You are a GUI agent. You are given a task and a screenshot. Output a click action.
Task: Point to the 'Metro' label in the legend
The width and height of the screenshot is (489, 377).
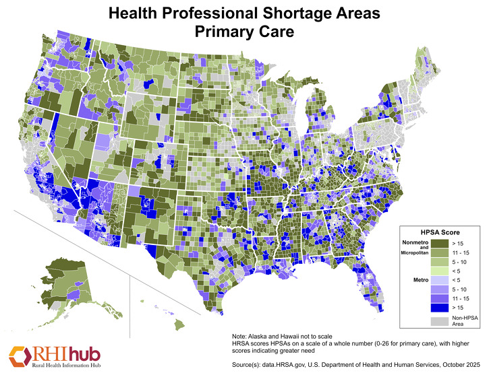point(413,278)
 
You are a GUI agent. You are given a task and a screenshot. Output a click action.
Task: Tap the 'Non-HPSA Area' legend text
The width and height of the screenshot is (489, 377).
point(462,321)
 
